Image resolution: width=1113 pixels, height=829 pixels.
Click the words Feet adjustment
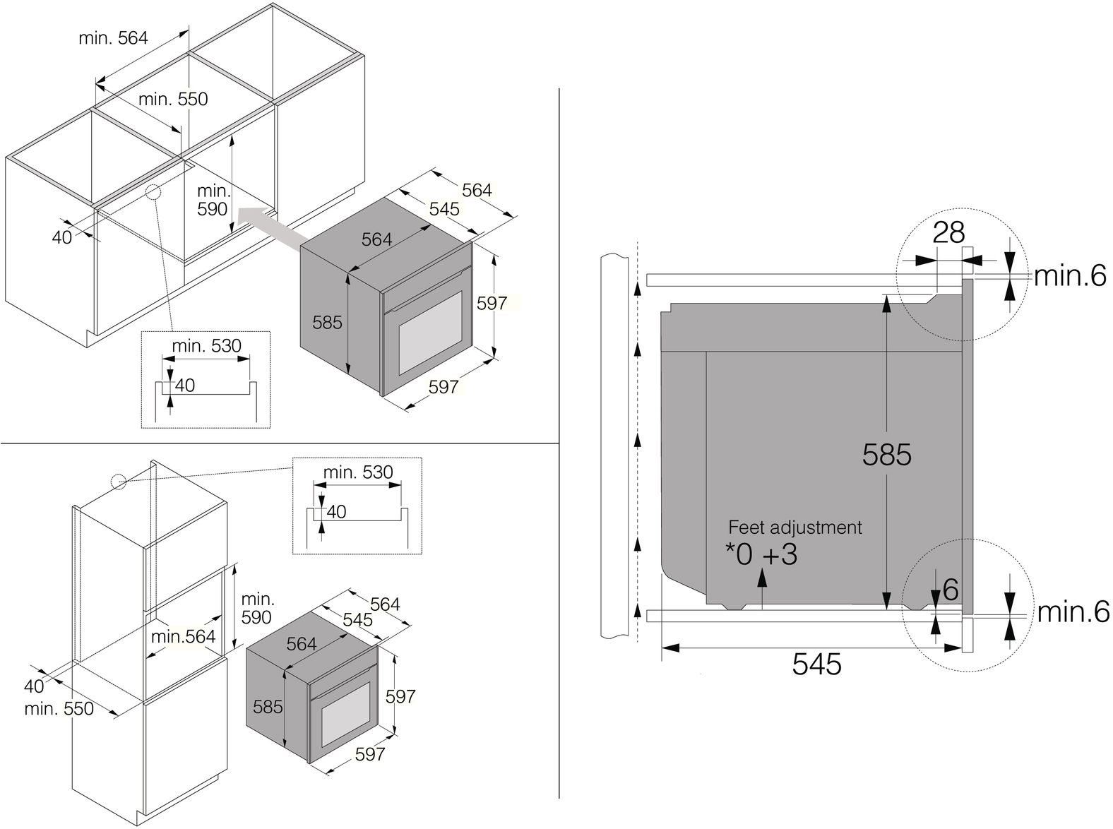coord(795,527)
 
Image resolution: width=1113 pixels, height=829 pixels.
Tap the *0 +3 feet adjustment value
coord(761,554)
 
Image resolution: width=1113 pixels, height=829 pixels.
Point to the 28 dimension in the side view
coord(948,232)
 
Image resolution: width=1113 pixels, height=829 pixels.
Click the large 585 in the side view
coord(887,455)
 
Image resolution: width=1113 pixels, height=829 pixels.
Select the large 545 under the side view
coord(816,664)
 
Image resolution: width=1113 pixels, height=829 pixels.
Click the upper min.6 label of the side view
coord(1070,275)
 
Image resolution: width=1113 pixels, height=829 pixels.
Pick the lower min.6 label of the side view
coord(1073,612)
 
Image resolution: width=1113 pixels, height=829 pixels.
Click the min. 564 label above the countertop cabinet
coord(114,38)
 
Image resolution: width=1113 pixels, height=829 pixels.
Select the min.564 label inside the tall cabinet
coord(183,636)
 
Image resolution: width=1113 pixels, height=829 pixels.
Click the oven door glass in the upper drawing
coord(430,333)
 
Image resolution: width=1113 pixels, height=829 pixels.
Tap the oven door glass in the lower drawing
coord(346,714)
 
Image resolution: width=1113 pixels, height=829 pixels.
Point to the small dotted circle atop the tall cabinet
coord(119,482)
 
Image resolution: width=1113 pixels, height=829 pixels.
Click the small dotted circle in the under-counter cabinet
coord(153,191)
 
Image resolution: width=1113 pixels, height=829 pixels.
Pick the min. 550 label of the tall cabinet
coord(59,708)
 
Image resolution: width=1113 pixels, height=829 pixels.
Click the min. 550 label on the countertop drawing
coord(173,99)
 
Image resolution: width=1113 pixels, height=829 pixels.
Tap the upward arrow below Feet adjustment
coord(762,589)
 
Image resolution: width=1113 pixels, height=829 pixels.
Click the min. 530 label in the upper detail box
coord(207,346)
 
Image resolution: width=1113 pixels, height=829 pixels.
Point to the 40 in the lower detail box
coord(336,512)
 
